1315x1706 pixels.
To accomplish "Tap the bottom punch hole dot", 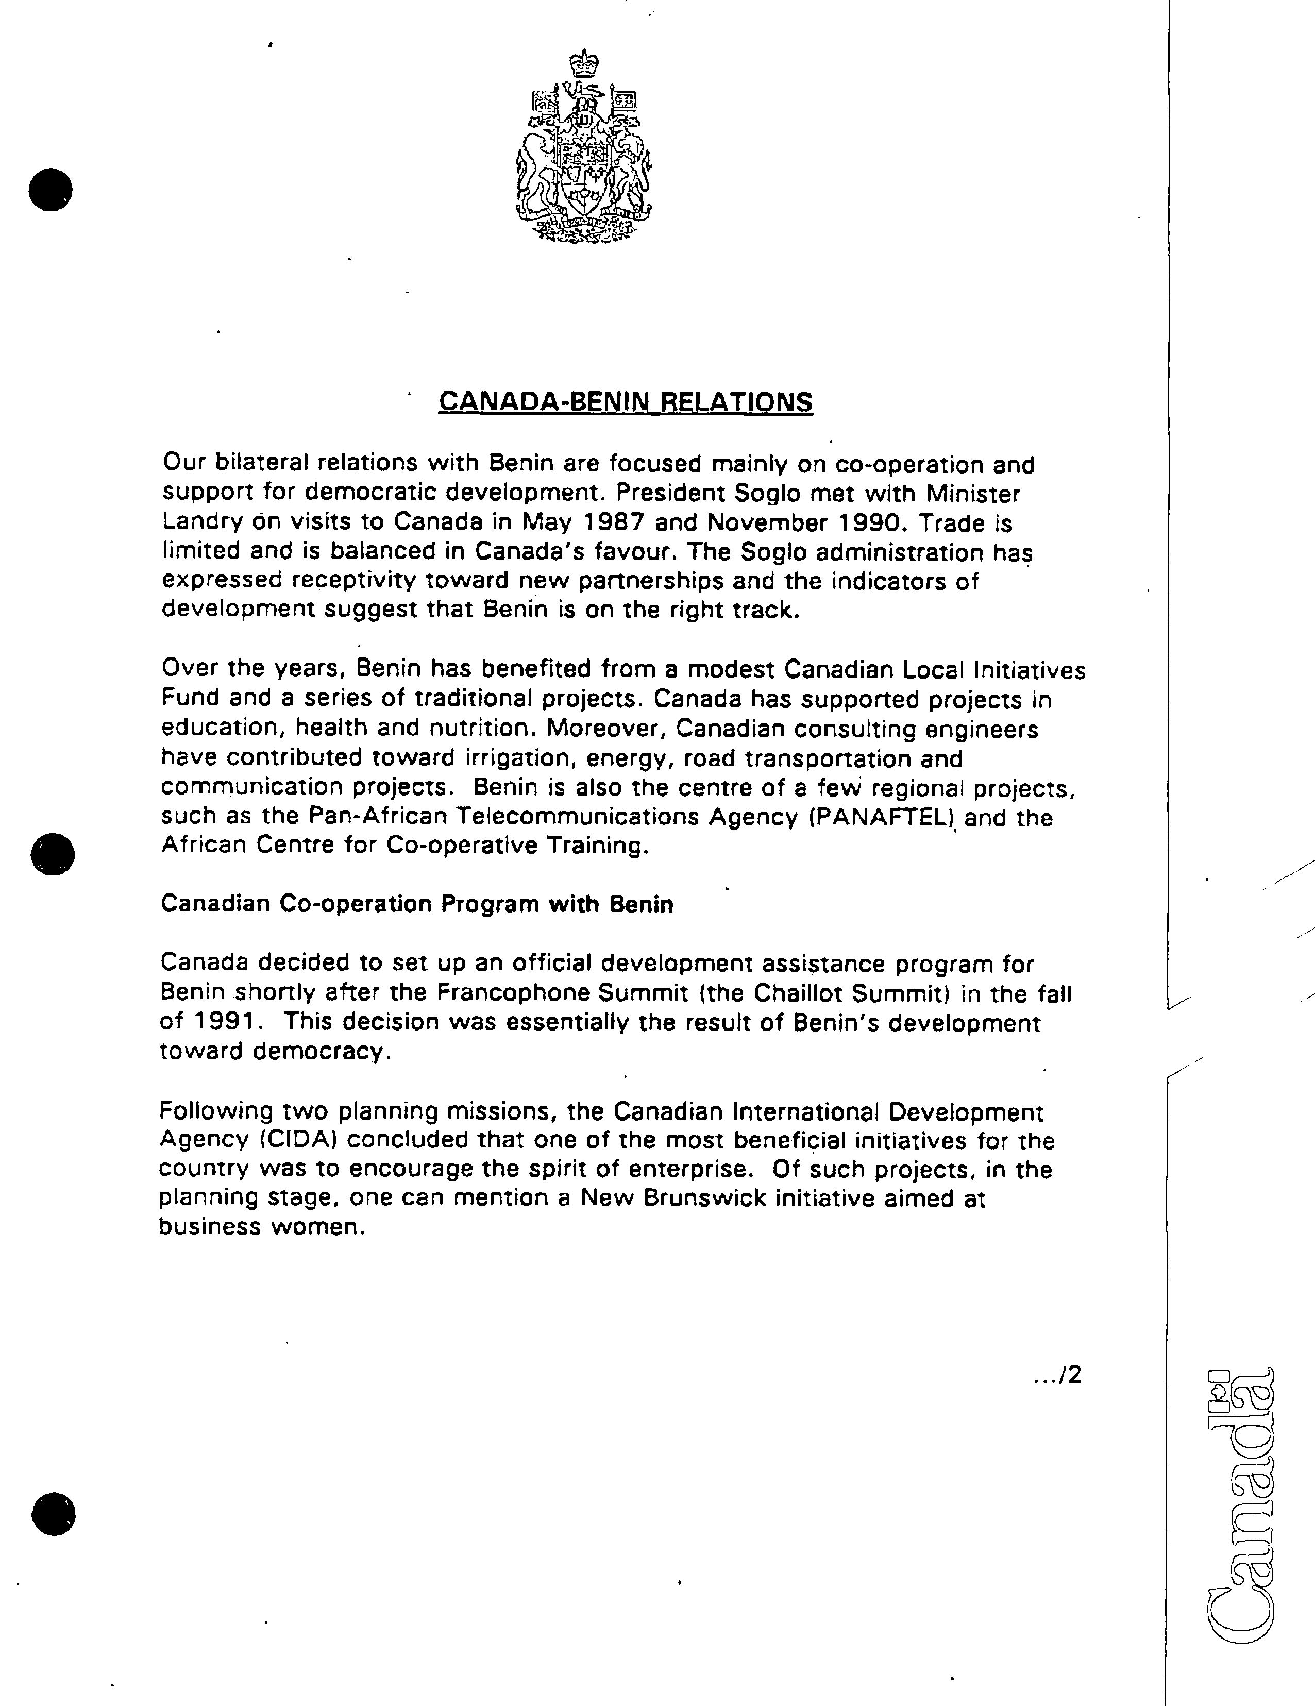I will pos(53,1514).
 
